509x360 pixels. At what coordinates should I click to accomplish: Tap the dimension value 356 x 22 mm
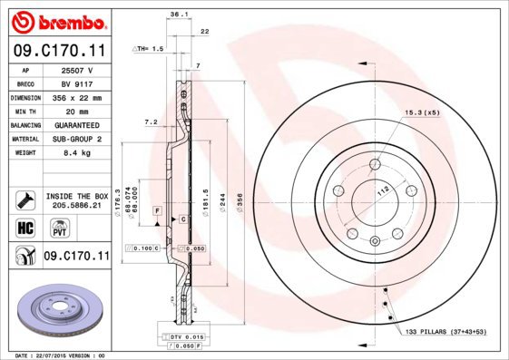tap(75, 97)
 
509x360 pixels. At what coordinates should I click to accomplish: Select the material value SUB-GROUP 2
tap(75, 139)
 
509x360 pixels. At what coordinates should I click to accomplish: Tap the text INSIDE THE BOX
tap(76, 196)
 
